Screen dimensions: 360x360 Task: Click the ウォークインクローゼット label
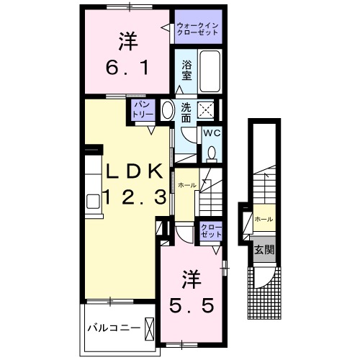[x=198, y=28]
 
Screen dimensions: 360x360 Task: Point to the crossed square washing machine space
[x=207, y=111]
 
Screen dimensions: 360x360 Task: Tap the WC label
[x=212, y=133]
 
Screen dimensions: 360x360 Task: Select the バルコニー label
[x=113, y=328]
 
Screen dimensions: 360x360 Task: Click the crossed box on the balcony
[x=150, y=328]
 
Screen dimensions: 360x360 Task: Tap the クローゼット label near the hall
[x=210, y=233]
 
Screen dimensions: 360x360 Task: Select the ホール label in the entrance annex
[x=263, y=218]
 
